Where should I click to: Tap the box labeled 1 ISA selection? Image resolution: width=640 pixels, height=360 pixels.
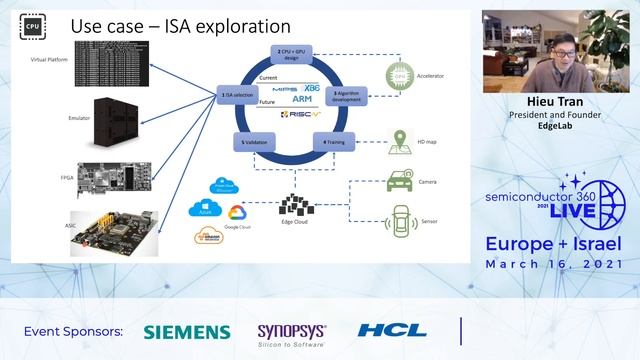pos(236,94)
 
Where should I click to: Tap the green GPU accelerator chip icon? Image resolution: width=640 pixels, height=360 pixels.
pos(400,74)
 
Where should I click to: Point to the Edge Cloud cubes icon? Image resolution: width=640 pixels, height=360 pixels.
pos(297,204)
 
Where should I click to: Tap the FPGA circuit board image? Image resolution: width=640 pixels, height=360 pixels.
pos(118,175)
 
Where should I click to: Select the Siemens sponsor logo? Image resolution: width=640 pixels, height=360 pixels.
pos(186,332)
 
